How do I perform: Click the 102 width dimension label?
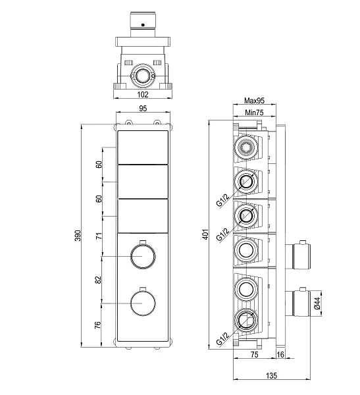[x=143, y=94]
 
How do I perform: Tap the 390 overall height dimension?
[x=78, y=235]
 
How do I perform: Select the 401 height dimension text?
[x=205, y=234]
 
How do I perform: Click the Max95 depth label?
[x=255, y=101]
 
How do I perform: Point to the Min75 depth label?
[x=254, y=113]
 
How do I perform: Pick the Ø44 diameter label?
[x=317, y=303]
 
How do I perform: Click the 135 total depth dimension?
[x=271, y=376]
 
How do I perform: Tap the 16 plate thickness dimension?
[x=280, y=354]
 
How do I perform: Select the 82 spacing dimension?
[x=98, y=280]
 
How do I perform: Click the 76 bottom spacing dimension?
[x=97, y=325]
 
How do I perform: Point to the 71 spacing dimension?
[x=99, y=236]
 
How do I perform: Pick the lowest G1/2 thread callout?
[x=222, y=338]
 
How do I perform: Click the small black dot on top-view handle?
[x=143, y=25]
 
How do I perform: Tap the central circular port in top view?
[x=142, y=75]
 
